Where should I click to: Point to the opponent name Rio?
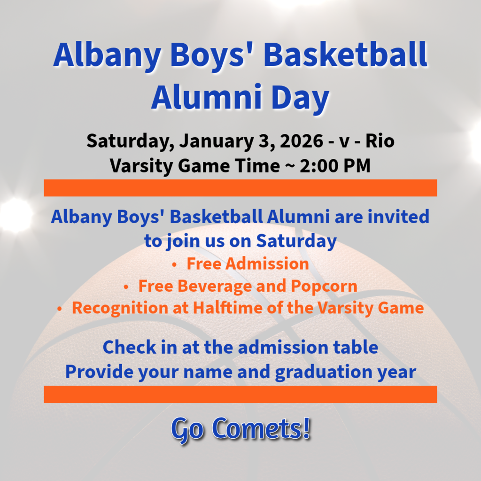coord(380,141)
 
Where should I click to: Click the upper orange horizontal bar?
coord(240,188)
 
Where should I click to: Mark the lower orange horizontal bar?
coord(240,394)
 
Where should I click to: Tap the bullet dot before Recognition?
coord(60,309)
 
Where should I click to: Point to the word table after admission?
coord(355,347)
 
